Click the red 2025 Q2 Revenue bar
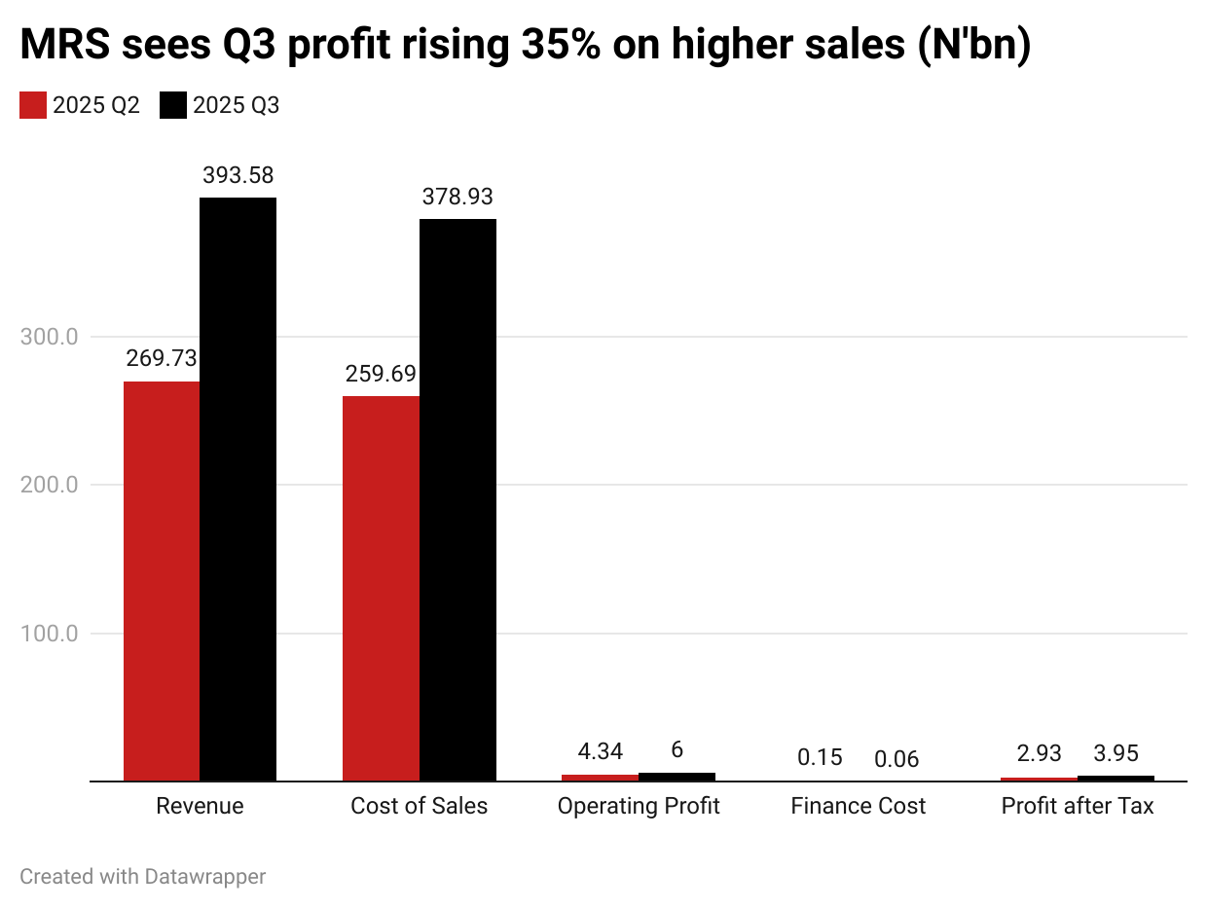162,581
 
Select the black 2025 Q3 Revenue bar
238,489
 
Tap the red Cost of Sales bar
381,588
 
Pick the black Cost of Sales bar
457,499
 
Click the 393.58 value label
238,176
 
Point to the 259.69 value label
381,374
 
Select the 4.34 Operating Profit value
601,751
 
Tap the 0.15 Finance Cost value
820,758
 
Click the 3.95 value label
1116,753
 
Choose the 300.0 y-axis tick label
50,337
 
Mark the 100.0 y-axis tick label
50,634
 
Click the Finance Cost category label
859,807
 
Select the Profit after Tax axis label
1078,807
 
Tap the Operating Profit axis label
639,807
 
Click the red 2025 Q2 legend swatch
33,106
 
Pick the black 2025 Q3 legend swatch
173,106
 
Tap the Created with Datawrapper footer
143,877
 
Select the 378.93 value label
457,198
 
